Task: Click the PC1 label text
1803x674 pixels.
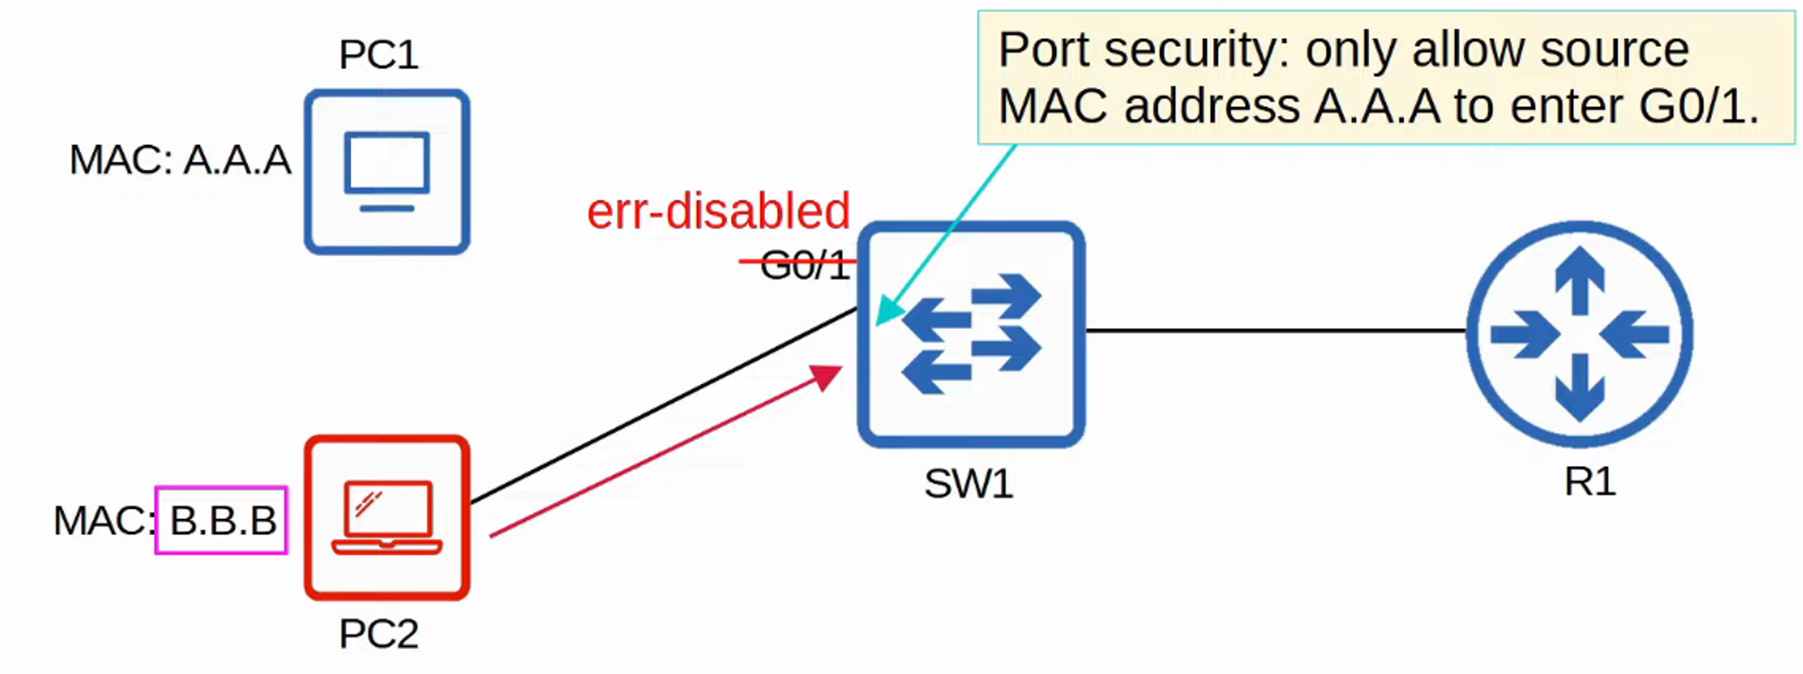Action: [379, 55]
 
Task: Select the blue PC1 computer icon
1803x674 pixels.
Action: [387, 171]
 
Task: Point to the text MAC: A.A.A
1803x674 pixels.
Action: [180, 160]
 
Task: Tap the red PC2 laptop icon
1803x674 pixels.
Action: [387, 517]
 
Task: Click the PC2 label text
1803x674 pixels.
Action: [379, 634]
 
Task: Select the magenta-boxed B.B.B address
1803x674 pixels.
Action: [222, 520]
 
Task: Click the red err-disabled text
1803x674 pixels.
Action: [718, 211]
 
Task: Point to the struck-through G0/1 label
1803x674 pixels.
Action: [804, 265]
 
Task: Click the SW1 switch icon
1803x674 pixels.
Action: [971, 333]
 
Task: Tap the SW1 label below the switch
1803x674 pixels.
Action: [968, 484]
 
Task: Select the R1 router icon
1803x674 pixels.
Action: [1579, 333]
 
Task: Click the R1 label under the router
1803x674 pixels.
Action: [1589, 481]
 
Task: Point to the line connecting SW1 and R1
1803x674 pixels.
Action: [1276, 331]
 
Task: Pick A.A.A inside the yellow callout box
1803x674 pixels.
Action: [1377, 106]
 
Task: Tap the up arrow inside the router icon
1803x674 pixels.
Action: [1579, 278]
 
